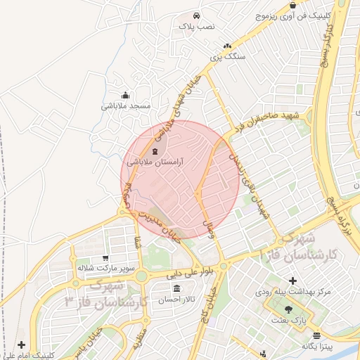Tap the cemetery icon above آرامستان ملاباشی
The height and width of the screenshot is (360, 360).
155,151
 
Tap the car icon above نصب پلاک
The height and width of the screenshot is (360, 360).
196,15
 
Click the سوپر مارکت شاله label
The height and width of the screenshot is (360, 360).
105,269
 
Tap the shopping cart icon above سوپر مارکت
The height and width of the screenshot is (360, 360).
105,258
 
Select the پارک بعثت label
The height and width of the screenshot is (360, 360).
288,320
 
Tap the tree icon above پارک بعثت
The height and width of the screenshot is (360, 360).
288,309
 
